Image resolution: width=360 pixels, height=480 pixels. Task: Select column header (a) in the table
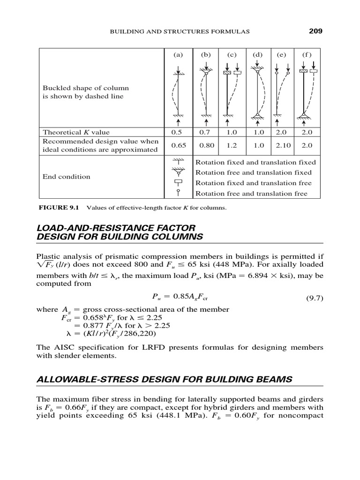coord(178,54)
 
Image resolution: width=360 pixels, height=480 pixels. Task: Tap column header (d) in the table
coord(258,54)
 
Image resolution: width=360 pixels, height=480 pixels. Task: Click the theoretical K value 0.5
coord(178,132)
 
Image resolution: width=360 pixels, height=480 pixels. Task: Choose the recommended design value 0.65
coord(178,145)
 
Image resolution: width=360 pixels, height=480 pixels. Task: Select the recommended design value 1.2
coord(232,145)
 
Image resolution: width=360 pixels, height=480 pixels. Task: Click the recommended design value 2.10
coord(283,145)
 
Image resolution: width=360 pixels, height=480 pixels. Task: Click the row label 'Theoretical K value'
coord(76,132)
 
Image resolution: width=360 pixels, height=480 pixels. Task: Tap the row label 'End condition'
coord(66,177)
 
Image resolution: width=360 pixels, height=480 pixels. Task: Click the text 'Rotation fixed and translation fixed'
coord(255,162)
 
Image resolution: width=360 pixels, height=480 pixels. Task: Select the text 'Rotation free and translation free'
coord(251,193)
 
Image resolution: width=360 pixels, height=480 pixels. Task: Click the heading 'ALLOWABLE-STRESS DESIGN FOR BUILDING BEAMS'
coord(165,379)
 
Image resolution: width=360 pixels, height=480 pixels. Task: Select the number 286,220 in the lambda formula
coord(139,334)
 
